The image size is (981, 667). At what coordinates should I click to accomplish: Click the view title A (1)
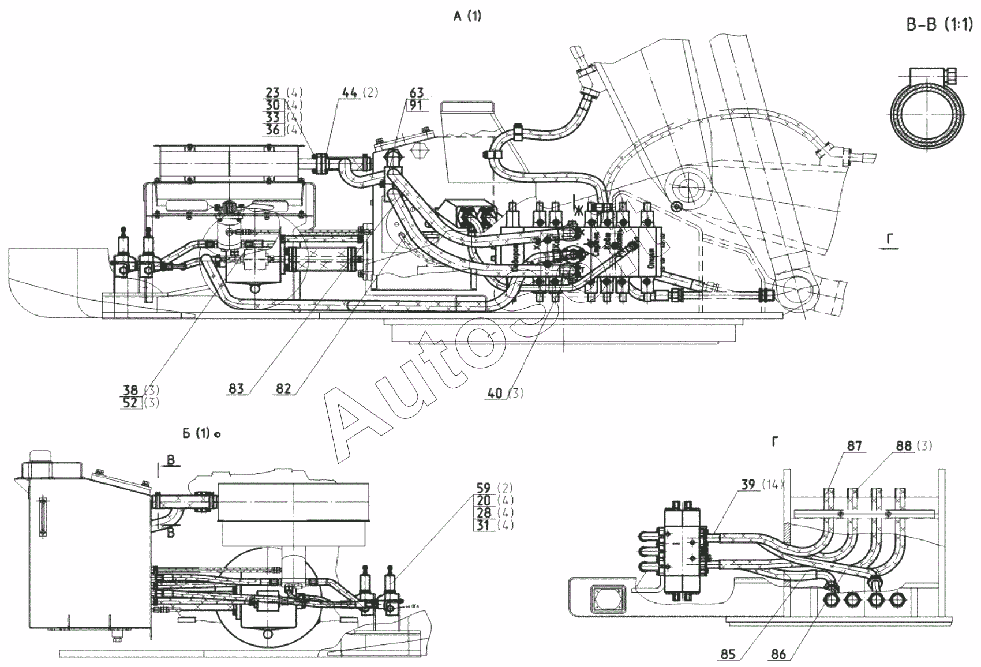pos(467,17)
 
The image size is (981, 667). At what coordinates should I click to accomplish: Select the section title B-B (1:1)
pos(939,26)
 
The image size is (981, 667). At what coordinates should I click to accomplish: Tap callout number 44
pos(350,92)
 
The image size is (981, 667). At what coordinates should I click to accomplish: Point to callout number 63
pos(416,92)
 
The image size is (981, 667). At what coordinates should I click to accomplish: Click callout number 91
pos(416,105)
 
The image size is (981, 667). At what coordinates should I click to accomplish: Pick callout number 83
pos(236,388)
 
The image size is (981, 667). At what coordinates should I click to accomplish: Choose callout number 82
pos(283,388)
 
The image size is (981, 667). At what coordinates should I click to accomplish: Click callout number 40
pos(495,393)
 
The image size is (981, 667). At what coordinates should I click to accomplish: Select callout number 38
pos(130,391)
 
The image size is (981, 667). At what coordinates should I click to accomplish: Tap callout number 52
pos(130,403)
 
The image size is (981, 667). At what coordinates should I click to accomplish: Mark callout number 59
pos(484,488)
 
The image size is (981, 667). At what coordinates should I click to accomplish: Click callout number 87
pos(855,445)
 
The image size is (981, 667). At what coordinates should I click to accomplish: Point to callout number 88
pos(904,445)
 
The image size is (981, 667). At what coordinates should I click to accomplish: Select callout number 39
pos(748,485)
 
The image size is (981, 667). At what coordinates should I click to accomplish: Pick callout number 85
pos(728,655)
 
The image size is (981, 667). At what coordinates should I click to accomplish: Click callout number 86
pos(778,655)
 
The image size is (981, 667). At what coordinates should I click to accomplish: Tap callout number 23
pos(273,92)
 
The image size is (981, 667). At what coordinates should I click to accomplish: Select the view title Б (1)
pos(196,433)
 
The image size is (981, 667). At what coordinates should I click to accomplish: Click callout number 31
pos(484,525)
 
